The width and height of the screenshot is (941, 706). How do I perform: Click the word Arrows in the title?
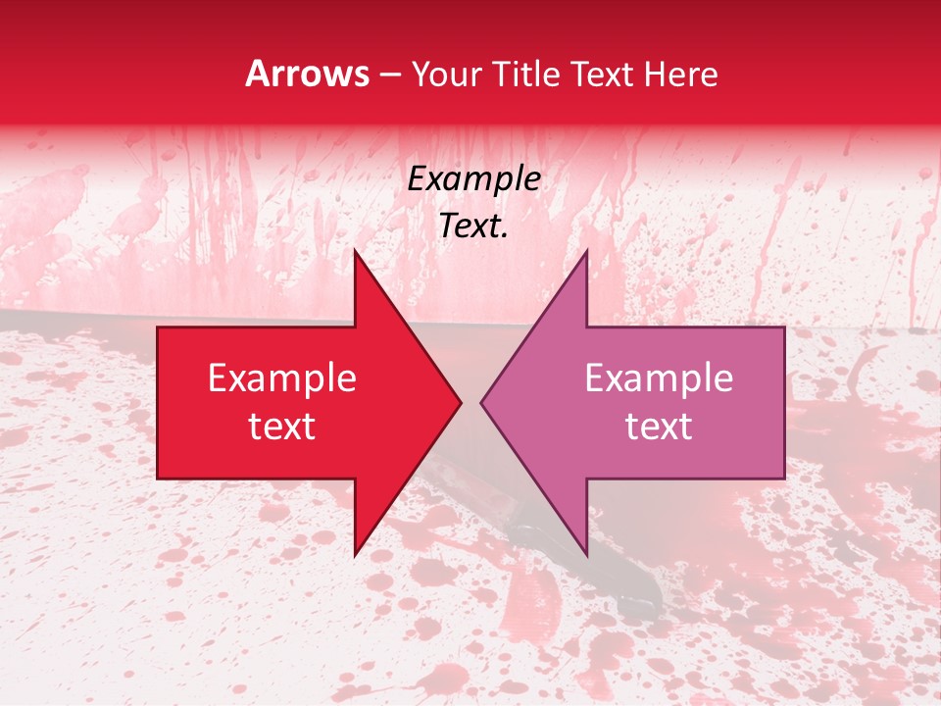click(x=308, y=74)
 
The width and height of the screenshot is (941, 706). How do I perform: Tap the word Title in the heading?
click(x=525, y=74)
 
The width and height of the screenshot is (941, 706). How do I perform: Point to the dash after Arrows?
click(x=390, y=76)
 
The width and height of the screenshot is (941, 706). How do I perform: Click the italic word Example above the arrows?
click(x=473, y=179)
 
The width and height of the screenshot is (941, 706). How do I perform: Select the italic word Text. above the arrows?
click(x=473, y=226)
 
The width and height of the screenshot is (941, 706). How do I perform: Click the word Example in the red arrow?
click(x=281, y=378)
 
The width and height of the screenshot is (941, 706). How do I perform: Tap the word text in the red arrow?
click(x=281, y=427)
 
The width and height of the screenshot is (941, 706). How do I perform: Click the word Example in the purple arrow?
click(x=659, y=378)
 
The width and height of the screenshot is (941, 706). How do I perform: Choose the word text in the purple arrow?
click(x=659, y=427)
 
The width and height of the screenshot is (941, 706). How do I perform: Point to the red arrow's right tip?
click(x=461, y=402)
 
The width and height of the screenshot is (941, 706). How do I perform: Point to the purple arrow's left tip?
click(x=481, y=402)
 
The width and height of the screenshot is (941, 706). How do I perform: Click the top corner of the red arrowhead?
click(x=355, y=250)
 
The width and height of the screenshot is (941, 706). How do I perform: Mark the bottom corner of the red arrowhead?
click(x=355, y=555)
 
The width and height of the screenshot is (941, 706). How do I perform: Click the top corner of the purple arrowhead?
click(x=586, y=250)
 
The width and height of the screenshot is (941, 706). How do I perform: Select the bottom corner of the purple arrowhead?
click(x=586, y=555)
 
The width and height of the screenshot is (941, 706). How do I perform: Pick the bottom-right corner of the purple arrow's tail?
click(x=784, y=479)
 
